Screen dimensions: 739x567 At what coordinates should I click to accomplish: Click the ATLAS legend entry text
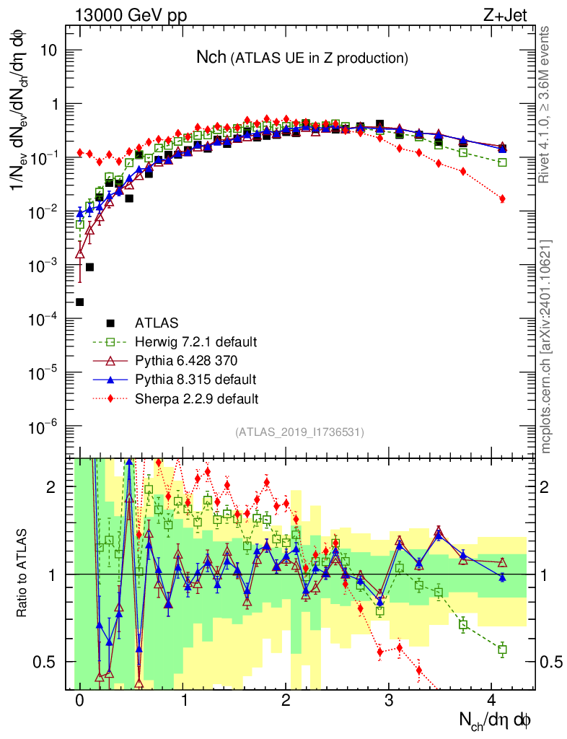[157, 322]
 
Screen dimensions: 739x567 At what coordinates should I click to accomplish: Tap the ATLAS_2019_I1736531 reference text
[299, 432]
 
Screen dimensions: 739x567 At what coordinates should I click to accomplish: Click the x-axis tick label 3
[389, 700]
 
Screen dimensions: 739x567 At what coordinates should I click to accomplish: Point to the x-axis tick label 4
[492, 700]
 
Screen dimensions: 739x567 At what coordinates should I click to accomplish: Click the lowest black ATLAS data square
[80, 302]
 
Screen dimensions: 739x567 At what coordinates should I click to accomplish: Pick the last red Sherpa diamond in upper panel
[502, 198]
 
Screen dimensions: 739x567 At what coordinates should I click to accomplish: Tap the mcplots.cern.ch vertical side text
[548, 346]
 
